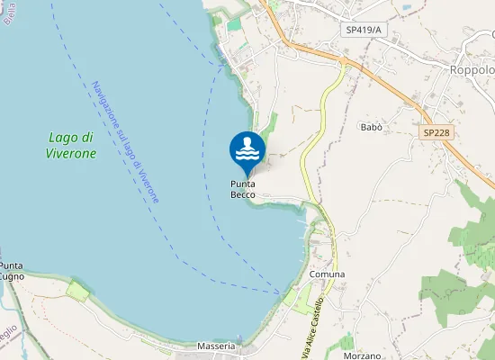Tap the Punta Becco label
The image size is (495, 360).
pyautogui.click(x=242, y=189)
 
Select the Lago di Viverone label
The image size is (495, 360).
pyautogui.click(x=71, y=145)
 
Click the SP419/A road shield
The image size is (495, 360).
pyautogui.click(x=364, y=30)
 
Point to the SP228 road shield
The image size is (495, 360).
pyautogui.click(x=436, y=132)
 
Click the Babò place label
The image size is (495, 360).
pyautogui.click(x=371, y=128)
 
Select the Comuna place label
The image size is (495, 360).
pyautogui.click(x=327, y=274)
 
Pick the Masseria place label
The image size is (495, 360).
pyautogui.click(x=216, y=346)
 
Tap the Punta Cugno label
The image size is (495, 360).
pyautogui.click(x=12, y=271)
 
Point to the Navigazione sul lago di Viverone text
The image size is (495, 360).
pyautogui.click(x=125, y=141)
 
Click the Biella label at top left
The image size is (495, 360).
pyautogui.click(x=10, y=13)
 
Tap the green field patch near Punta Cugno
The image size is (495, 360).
pyautogui.click(x=78, y=291)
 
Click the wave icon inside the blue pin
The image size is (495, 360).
pyautogui.click(x=247, y=148)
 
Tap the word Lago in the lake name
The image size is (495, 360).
pyautogui.click(x=61, y=138)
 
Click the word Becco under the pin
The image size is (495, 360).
pyautogui.click(x=242, y=194)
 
